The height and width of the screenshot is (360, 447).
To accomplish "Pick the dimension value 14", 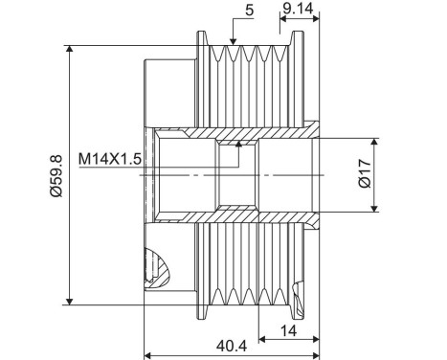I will [289, 330].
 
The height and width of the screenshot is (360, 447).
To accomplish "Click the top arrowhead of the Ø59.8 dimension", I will [69, 48].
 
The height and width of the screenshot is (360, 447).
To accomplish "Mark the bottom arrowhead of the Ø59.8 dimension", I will [69, 300].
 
